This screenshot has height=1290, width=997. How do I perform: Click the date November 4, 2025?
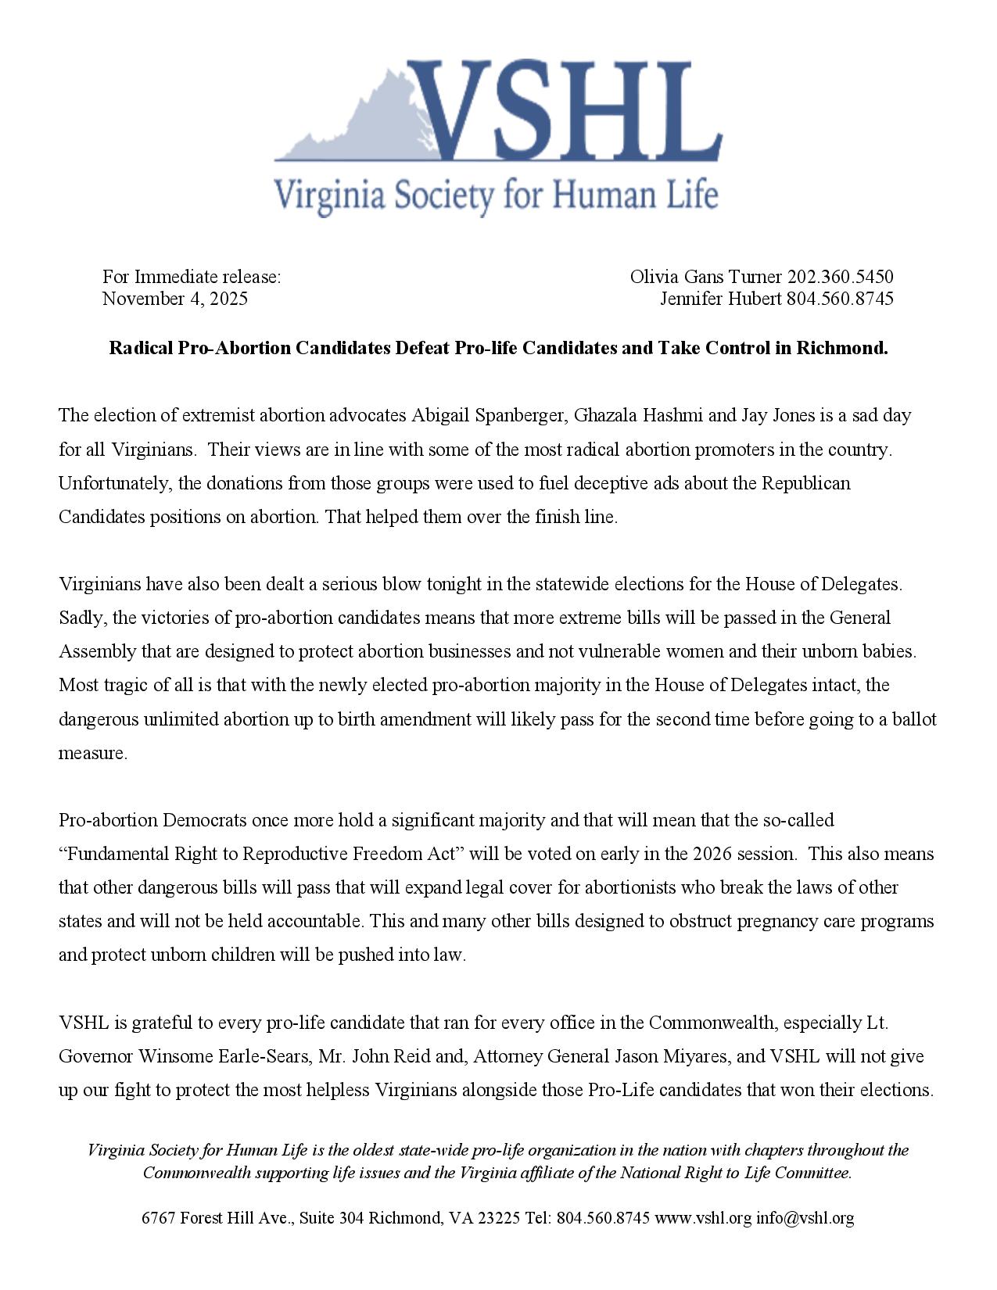point(174,299)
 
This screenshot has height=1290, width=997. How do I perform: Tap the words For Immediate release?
point(191,277)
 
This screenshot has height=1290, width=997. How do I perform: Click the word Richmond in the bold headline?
point(841,348)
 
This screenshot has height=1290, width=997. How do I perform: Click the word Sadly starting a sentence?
point(82,618)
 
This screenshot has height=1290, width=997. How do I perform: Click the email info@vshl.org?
point(805,1218)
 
